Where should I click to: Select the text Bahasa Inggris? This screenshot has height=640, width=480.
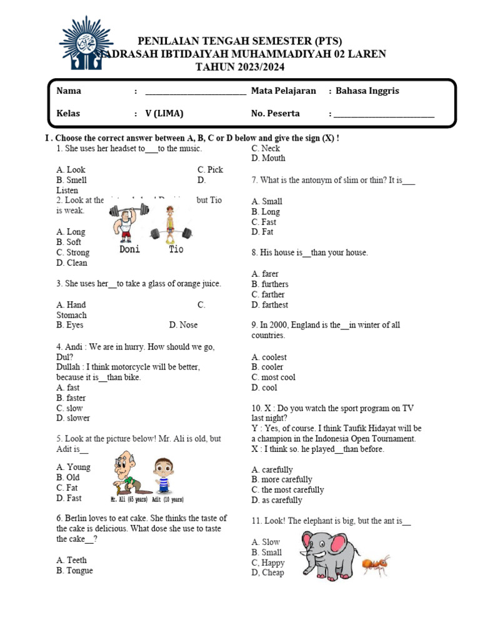pos(367,91)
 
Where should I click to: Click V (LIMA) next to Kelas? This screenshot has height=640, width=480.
pos(164,114)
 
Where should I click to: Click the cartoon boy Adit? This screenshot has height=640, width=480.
pos(164,476)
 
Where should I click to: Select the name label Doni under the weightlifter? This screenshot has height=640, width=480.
pos(129,249)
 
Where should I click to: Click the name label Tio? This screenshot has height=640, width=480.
pos(176,249)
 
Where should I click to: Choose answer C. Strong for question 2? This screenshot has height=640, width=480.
pos(72,252)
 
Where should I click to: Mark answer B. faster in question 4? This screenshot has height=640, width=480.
pos(71,398)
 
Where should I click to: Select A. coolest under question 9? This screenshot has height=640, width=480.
pos(269,357)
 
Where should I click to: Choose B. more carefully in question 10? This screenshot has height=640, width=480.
pos(282,480)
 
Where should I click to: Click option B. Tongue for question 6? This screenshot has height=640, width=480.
pos(74,571)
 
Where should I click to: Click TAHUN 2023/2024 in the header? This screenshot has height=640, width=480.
pos(240,66)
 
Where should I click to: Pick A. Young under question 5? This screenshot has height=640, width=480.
pos(73,467)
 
